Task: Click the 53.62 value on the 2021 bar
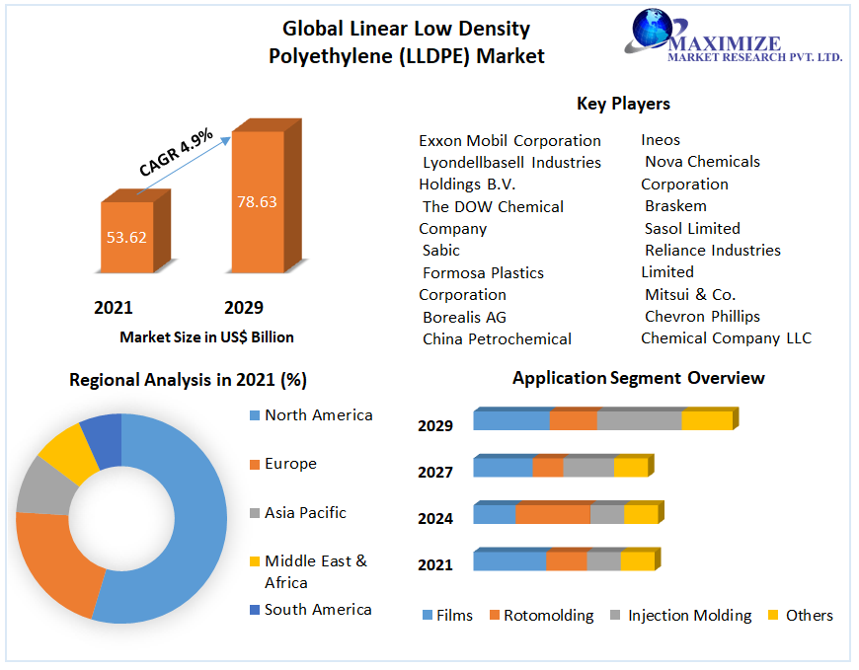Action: (126, 237)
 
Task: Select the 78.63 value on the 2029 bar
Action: (257, 202)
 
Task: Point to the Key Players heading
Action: (623, 104)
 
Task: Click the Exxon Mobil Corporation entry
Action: (509, 141)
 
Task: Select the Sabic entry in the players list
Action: (441, 251)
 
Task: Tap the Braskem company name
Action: (675, 206)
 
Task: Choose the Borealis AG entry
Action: (464, 317)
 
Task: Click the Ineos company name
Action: (661, 140)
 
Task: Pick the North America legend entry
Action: (318, 415)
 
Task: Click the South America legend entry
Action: (317, 610)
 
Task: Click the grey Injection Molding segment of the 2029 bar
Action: (639, 420)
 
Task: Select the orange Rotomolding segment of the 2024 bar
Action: (552, 514)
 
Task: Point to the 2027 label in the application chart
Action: (435, 473)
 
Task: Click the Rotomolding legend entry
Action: (548, 616)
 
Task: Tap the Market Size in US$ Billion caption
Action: (206, 337)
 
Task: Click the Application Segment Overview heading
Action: (638, 378)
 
